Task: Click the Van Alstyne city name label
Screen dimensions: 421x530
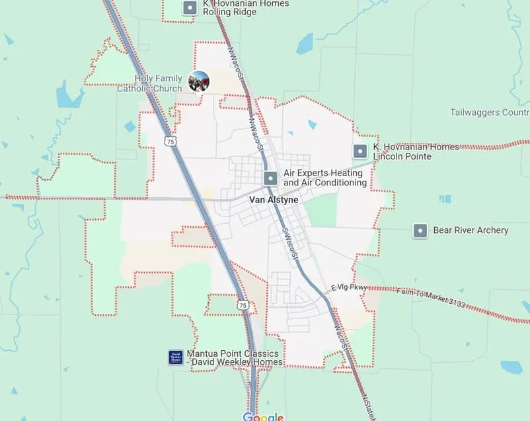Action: [x=274, y=200]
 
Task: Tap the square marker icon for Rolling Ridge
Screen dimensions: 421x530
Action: [x=190, y=8]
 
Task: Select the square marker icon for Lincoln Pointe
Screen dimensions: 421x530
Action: [x=360, y=152]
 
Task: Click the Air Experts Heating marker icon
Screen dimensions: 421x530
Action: [x=270, y=178]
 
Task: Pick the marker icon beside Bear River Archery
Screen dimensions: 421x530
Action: [x=420, y=231]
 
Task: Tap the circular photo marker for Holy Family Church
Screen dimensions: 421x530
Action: [x=199, y=82]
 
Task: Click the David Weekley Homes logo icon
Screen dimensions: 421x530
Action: [x=176, y=357]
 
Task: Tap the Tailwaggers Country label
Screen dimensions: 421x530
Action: [x=490, y=113]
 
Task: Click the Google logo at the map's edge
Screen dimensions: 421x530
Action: [x=263, y=416]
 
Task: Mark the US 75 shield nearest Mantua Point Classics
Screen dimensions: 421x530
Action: [x=243, y=305]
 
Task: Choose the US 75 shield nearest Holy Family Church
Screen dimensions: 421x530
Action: [x=171, y=142]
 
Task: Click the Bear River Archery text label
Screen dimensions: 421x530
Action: [x=471, y=230]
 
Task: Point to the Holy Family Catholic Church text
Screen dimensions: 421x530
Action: [x=159, y=83]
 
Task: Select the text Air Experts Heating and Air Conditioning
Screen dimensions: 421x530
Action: [x=324, y=178]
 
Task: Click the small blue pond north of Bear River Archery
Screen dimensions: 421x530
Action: [x=445, y=199]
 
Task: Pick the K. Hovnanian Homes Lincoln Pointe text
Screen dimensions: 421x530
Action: [x=415, y=152]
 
